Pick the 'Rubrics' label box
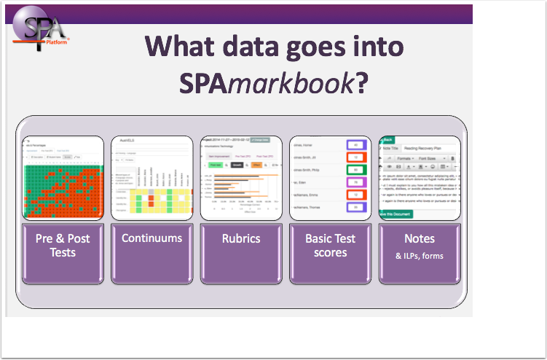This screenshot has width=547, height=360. [240, 238]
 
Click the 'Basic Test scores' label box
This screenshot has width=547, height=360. [330, 245]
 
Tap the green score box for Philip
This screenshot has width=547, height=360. [355, 170]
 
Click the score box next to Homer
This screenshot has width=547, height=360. [355, 145]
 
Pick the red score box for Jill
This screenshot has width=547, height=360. [355, 157]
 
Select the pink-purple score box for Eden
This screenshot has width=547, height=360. [355, 182]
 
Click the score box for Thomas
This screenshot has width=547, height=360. [355, 207]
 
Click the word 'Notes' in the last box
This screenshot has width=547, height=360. [420, 238]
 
